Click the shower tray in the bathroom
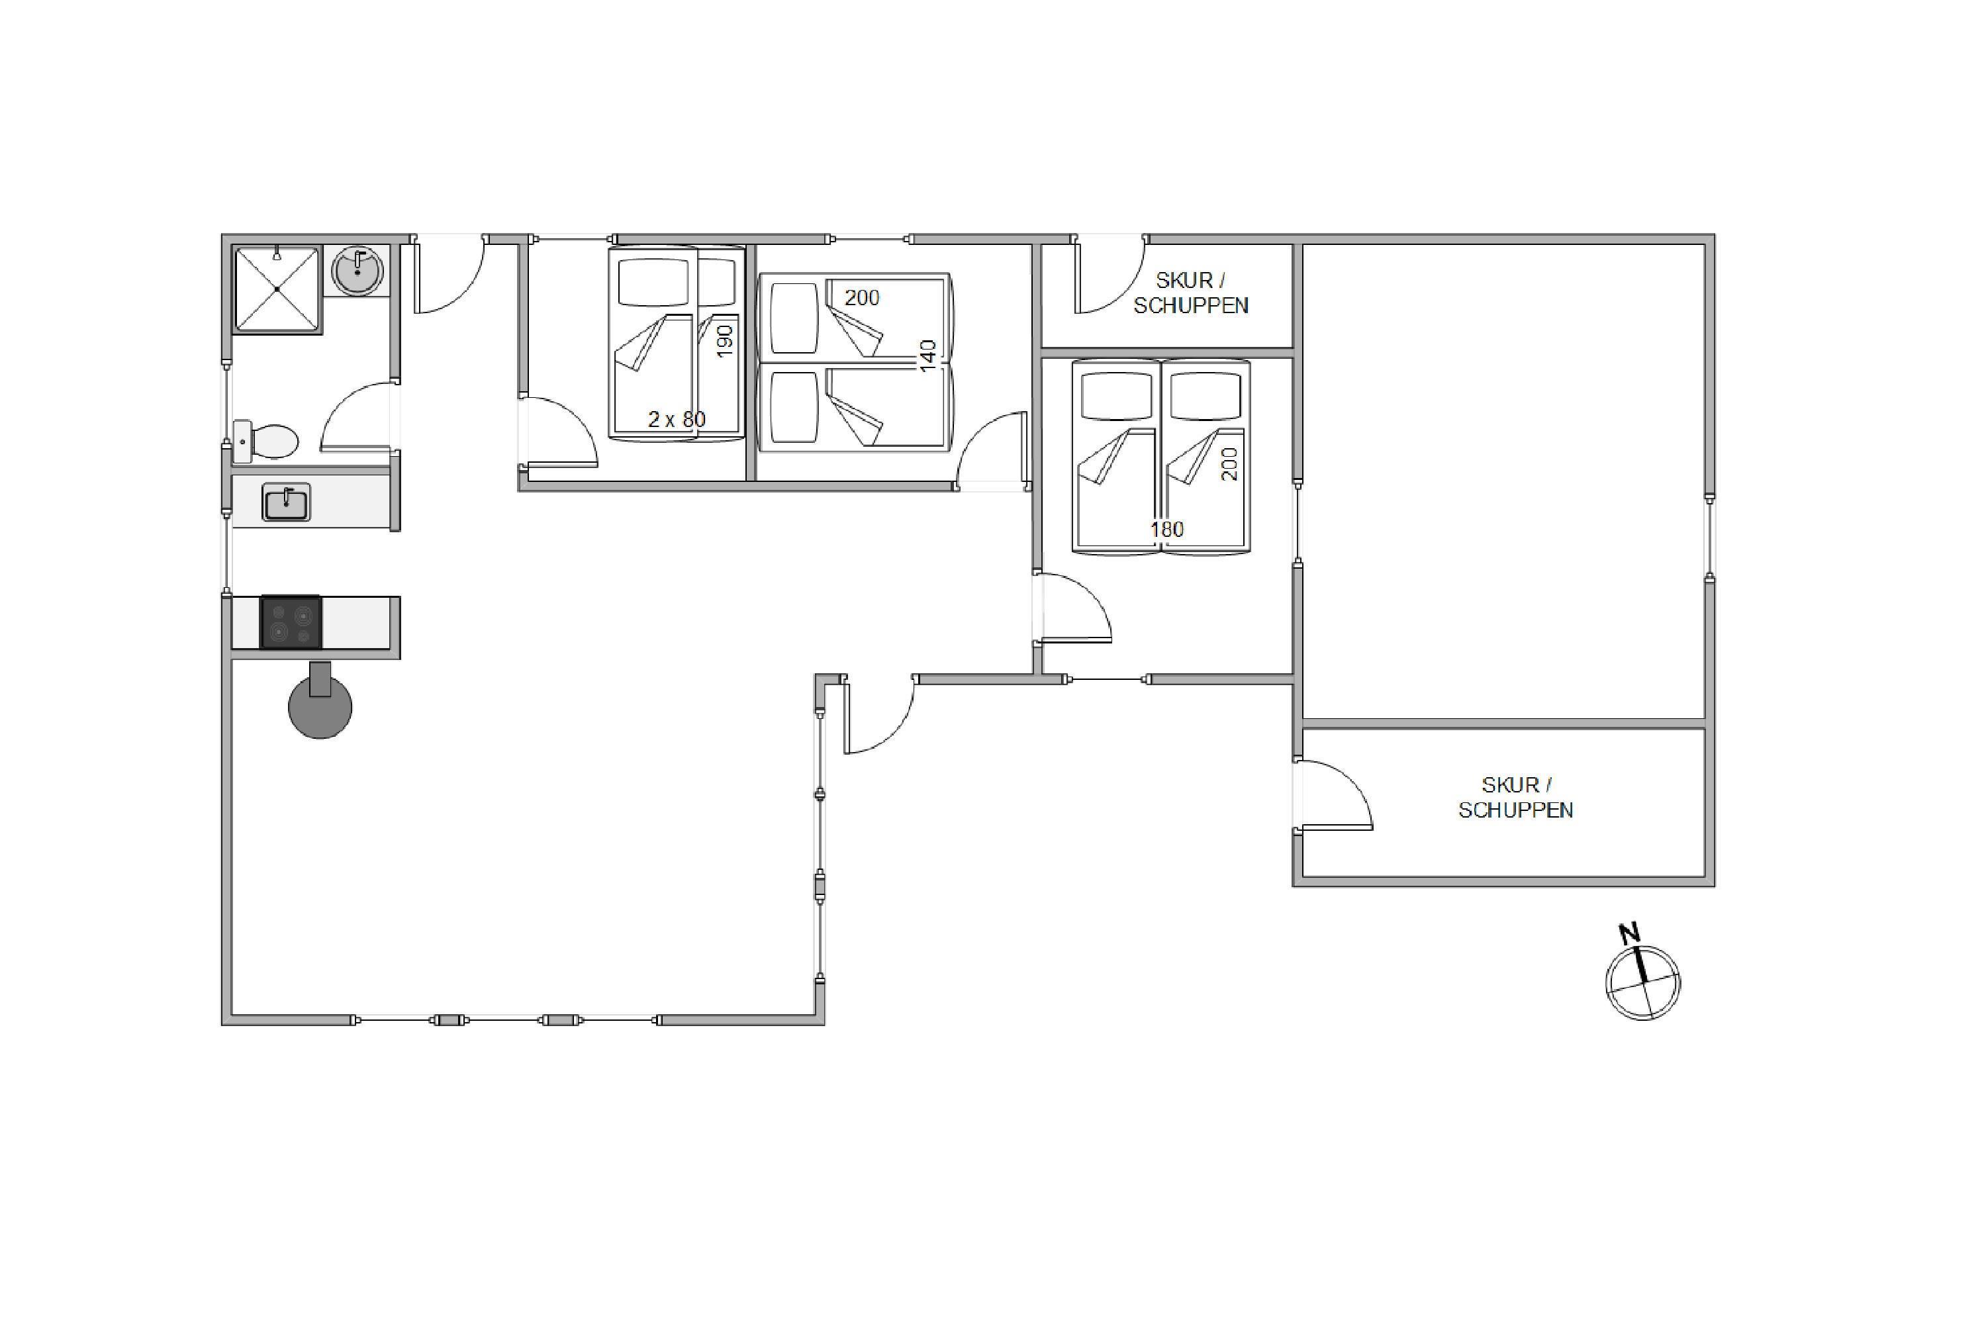[277, 290]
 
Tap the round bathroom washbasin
[358, 271]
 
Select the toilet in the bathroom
[265, 442]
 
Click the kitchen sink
[286, 502]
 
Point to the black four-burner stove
[291, 622]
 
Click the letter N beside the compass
[1629, 933]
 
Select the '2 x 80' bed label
[677, 419]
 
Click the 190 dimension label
[724, 341]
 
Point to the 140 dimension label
[928, 356]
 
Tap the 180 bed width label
[1167, 530]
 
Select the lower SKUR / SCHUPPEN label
[1516, 798]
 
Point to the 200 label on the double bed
[1229, 465]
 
